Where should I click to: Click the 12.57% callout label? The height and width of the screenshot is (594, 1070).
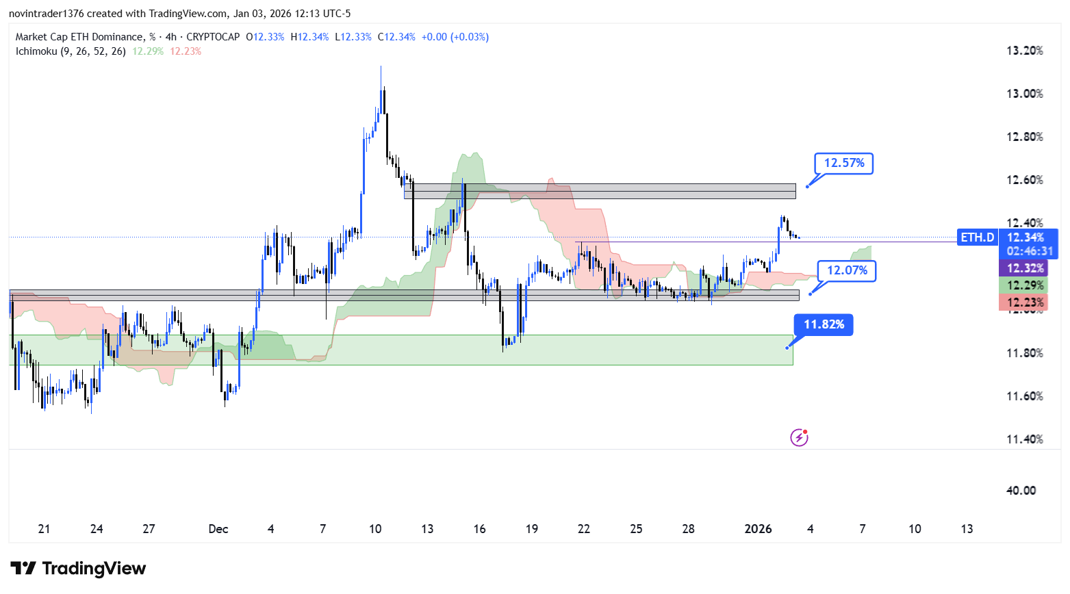[x=843, y=163]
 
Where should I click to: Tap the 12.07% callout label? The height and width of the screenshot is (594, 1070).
[x=846, y=270]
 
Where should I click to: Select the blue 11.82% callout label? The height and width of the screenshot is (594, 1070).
[x=824, y=324]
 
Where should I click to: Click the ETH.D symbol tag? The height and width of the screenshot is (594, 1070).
[x=977, y=237]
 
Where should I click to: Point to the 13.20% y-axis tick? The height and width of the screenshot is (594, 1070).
[x=1024, y=51]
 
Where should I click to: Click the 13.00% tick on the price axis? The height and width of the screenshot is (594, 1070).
[x=1024, y=94]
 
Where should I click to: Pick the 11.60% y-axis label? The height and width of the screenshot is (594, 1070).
[x=1024, y=396]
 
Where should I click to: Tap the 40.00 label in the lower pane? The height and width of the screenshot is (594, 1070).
[x=1021, y=490]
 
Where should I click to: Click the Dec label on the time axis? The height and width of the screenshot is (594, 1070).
[x=218, y=529]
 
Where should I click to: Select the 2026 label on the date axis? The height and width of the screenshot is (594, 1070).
[x=758, y=529]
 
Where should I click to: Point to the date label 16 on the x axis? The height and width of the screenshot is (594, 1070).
[x=479, y=529]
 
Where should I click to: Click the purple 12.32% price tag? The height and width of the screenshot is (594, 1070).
[x=1025, y=268]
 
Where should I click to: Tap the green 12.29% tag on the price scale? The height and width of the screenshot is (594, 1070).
[x=1025, y=285]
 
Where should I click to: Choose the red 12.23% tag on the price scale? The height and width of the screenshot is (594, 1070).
[x=1025, y=302]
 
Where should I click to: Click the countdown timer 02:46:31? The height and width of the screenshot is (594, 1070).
[x=1030, y=251]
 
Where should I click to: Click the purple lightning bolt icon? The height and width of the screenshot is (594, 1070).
[x=799, y=437]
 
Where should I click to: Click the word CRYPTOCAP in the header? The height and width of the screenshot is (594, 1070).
[x=213, y=37]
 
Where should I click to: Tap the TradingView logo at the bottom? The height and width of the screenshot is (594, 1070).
[x=79, y=569]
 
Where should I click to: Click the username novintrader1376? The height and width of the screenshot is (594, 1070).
[x=46, y=14]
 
